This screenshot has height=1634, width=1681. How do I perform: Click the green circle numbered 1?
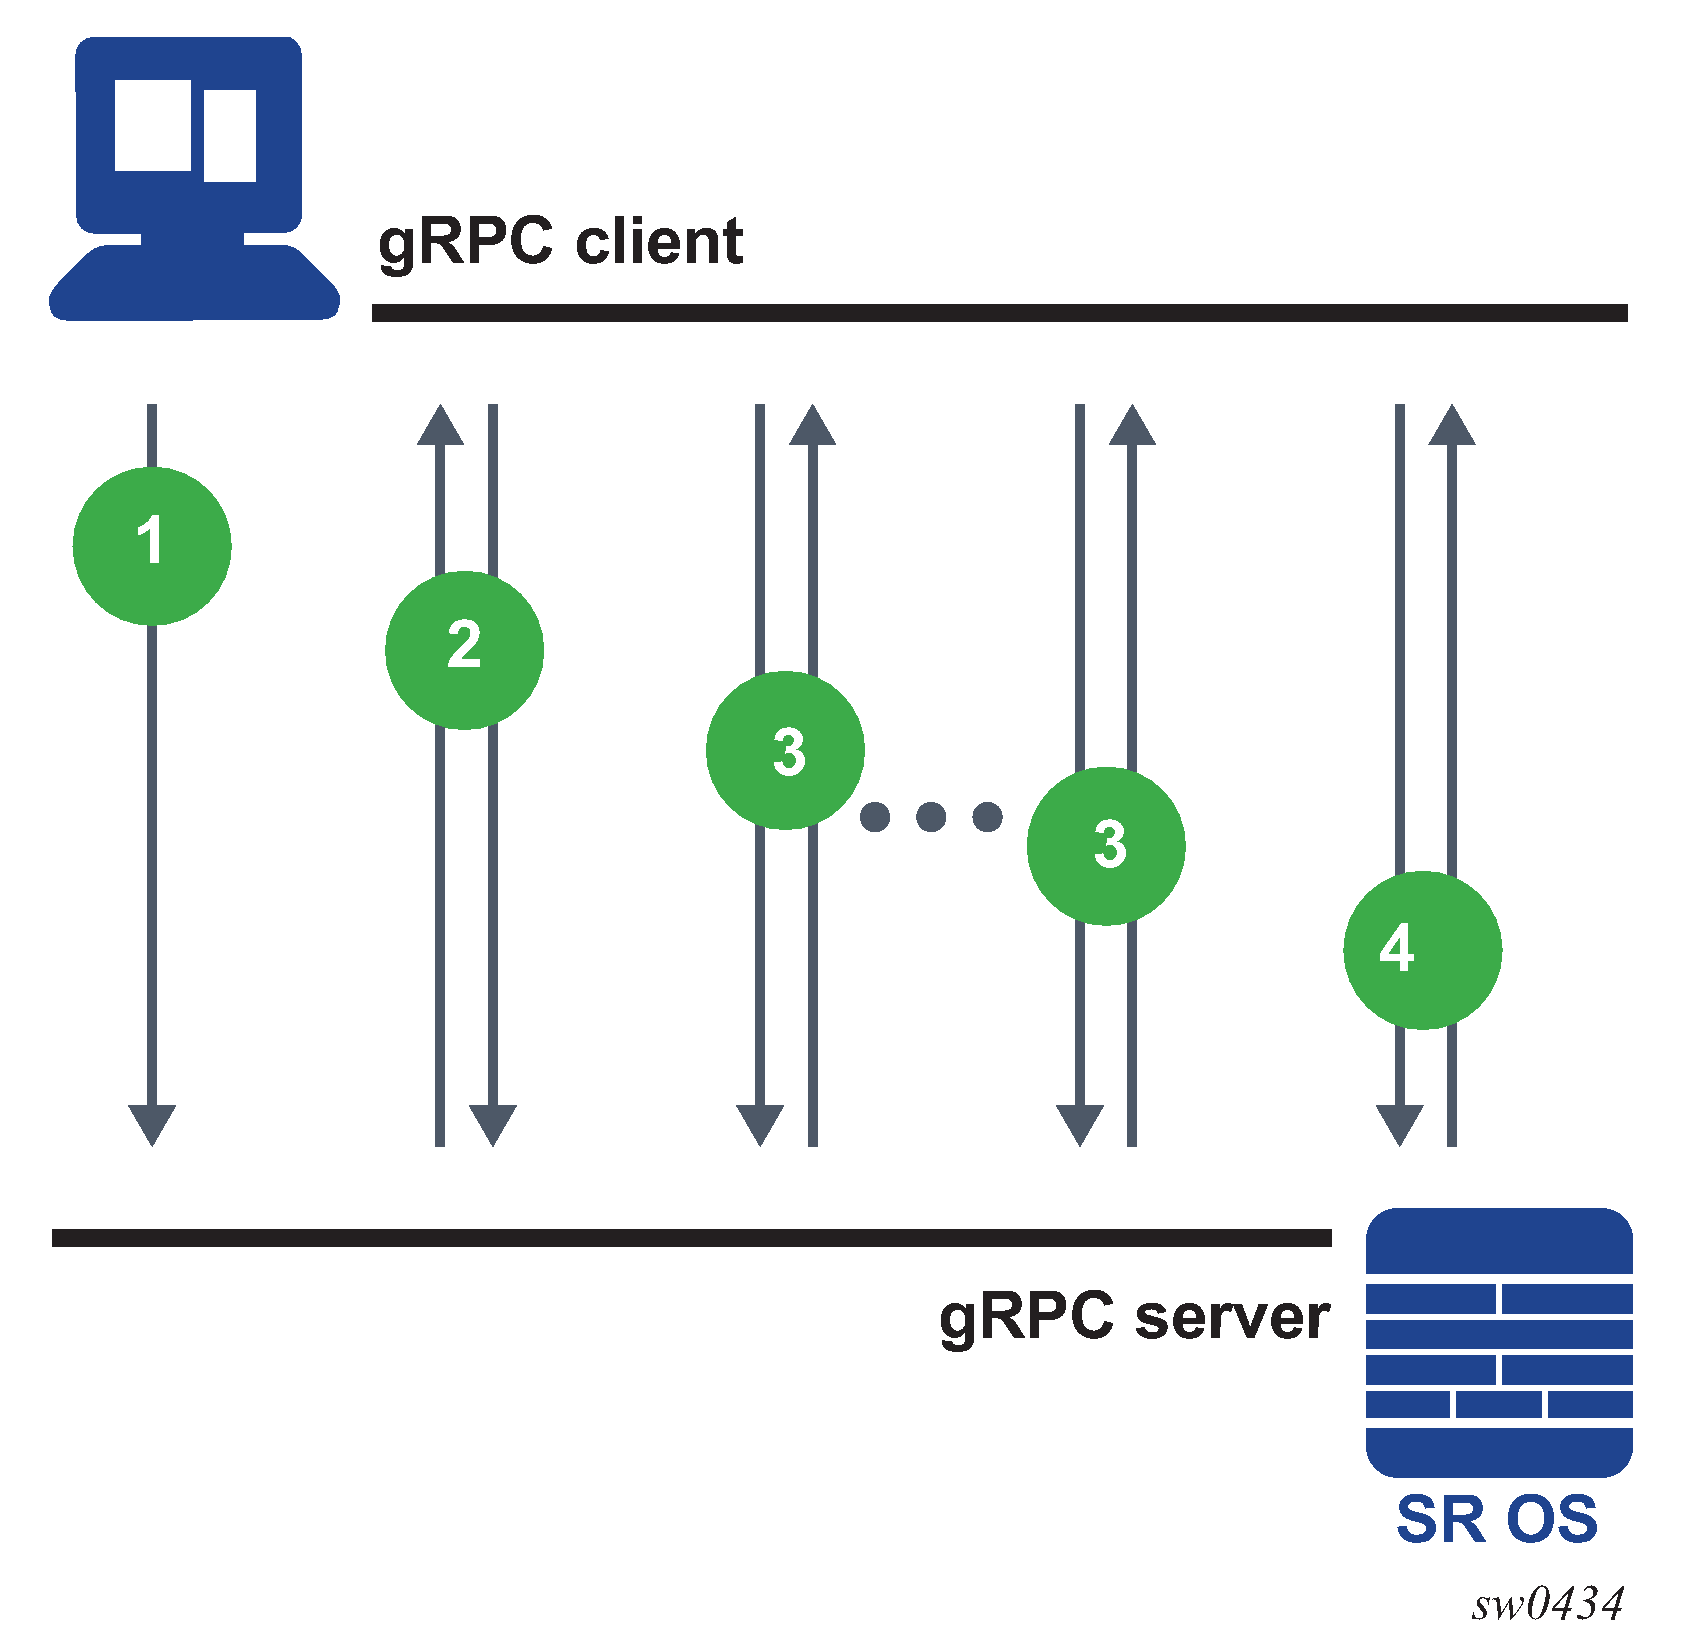(152, 545)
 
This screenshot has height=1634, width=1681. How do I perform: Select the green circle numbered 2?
(464, 649)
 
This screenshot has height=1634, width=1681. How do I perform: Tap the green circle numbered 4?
(1422, 949)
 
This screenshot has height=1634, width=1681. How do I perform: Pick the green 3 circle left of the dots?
(785, 750)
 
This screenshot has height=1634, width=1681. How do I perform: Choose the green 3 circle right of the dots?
(1106, 845)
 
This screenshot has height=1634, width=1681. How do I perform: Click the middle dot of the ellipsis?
(931, 817)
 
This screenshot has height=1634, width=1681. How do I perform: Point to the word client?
(659, 242)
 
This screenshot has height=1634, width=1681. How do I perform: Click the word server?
(1232, 1317)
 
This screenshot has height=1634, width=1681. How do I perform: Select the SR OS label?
(1497, 1520)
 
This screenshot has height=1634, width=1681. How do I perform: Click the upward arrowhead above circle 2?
(440, 425)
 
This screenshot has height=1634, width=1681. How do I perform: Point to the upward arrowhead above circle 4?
(1452, 425)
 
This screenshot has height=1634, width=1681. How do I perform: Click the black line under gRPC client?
(999, 313)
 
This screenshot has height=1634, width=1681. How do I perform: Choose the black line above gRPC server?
(691, 1238)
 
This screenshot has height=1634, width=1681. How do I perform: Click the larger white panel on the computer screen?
(153, 125)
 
